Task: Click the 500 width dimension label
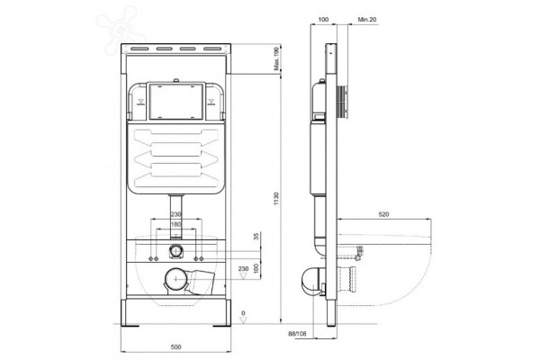pyautogui.click(x=176, y=346)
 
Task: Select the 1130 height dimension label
pyautogui.click(x=276, y=199)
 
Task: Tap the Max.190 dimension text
pyautogui.click(x=276, y=58)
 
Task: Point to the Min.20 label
pyautogui.click(x=367, y=20)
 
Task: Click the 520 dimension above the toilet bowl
pyautogui.click(x=383, y=214)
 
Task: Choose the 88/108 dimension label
pyautogui.click(x=297, y=334)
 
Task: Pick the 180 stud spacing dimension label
pyautogui.click(x=176, y=225)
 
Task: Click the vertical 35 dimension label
pyautogui.click(x=256, y=237)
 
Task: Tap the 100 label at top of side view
pyautogui.click(x=323, y=20)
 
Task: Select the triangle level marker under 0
pyautogui.click(x=244, y=320)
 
